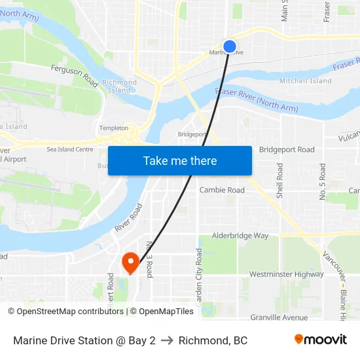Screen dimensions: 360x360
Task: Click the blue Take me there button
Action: pyautogui.click(x=180, y=160)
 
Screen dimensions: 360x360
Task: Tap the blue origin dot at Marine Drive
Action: pyautogui.click(x=230, y=46)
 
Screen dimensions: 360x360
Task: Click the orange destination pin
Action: pyautogui.click(x=130, y=262)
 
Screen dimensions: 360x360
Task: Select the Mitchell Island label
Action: pyautogui.click(x=305, y=81)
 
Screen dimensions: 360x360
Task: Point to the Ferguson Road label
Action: pyautogui.click(x=74, y=75)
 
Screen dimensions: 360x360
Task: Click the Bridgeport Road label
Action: pyautogui.click(x=287, y=150)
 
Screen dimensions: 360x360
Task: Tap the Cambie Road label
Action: pyautogui.click(x=222, y=190)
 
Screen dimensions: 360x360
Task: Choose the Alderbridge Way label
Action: pyautogui.click(x=240, y=236)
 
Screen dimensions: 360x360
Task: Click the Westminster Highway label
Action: pyautogui.click(x=286, y=274)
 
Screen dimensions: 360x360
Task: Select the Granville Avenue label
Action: pyautogui.click(x=279, y=317)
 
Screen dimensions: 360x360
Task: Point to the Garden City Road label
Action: pyautogui.click(x=199, y=277)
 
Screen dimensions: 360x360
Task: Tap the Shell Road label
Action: pyautogui.click(x=280, y=181)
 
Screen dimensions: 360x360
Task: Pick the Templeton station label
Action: pyautogui.click(x=114, y=128)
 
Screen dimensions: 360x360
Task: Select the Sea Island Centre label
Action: pyautogui.click(x=70, y=149)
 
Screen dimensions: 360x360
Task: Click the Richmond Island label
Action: pyautogui.click(x=119, y=86)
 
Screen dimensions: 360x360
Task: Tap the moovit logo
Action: pyautogui.click(x=321, y=340)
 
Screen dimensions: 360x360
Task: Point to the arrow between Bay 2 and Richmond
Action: pyautogui.click(x=167, y=340)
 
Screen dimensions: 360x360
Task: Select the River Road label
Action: pyautogui.click(x=128, y=217)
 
